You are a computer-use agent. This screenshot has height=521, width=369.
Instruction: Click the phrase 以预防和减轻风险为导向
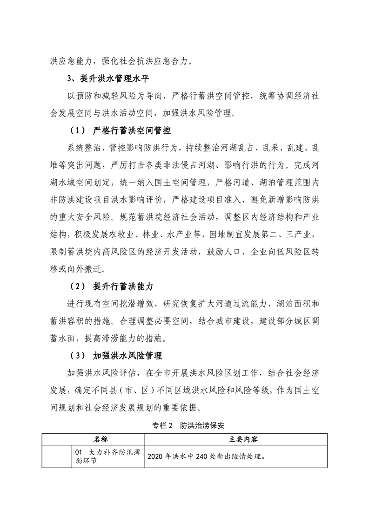[116, 96]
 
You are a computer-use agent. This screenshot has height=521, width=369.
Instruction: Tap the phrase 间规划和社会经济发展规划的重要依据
[126, 409]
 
